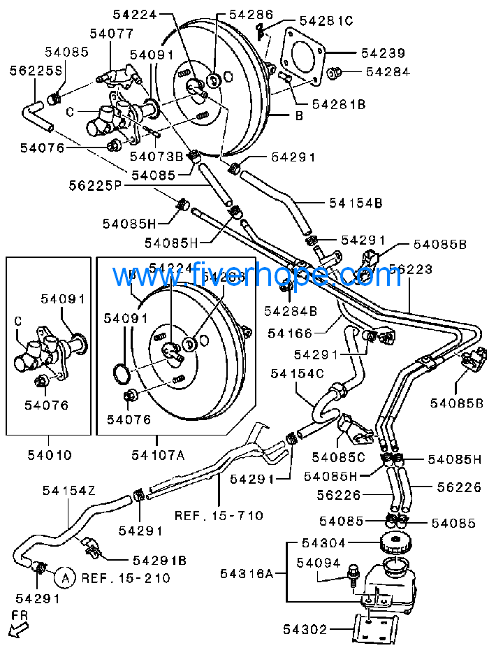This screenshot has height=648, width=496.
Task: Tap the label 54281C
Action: (x=326, y=21)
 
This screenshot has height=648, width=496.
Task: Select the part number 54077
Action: (x=111, y=33)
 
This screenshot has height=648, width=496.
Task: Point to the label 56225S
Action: (x=36, y=71)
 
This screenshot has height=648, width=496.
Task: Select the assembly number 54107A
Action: (x=158, y=456)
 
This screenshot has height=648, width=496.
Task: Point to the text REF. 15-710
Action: (x=219, y=516)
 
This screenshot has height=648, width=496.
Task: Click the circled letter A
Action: (x=64, y=577)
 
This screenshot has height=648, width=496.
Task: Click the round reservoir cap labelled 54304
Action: (x=395, y=543)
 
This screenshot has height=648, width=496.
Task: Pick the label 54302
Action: (x=305, y=630)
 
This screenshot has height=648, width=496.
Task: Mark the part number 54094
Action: (x=318, y=563)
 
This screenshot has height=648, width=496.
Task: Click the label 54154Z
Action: (x=68, y=491)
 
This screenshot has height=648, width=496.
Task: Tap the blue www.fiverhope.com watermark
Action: (x=265, y=275)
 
